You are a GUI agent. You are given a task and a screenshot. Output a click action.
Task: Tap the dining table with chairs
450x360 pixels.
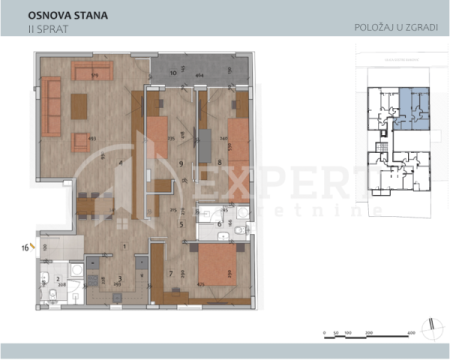(x=96, y=207)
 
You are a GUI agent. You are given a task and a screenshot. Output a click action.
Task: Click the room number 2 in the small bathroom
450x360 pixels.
(x=57, y=280)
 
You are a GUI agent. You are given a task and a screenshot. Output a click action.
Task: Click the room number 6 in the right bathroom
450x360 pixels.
(x=220, y=225)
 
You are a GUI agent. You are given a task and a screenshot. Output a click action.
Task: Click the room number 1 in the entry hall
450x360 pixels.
(x=123, y=245)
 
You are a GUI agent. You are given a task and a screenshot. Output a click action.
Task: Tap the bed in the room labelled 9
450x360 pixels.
(x=158, y=140)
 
